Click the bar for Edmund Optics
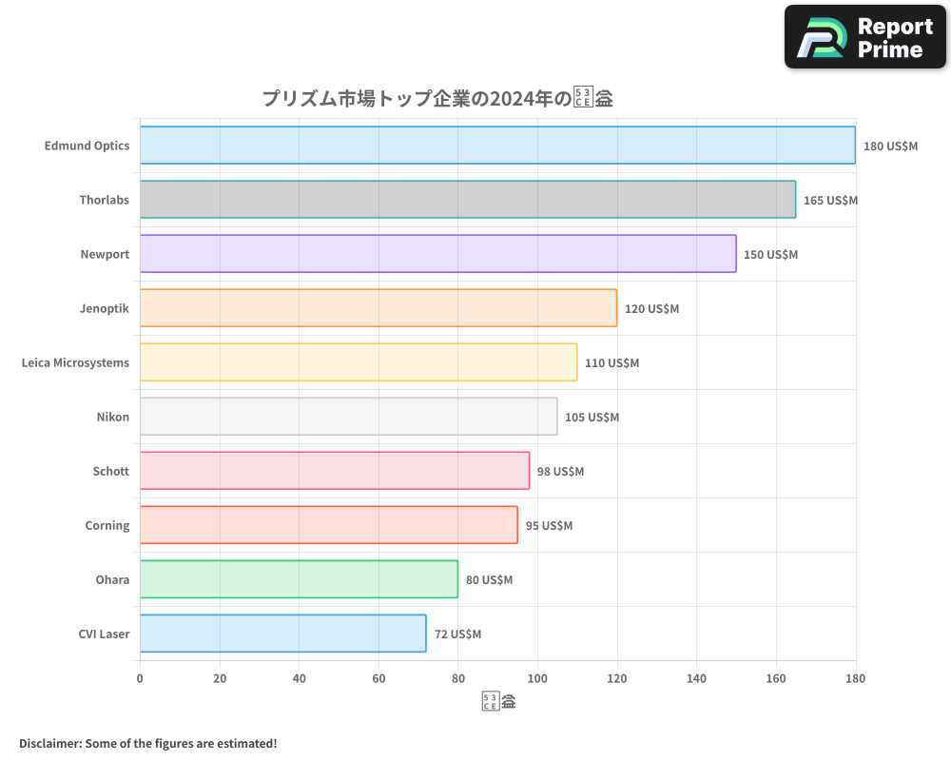tap(497, 146)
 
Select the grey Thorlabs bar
tap(468, 200)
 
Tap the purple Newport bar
tap(437, 254)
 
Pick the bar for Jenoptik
tap(378, 308)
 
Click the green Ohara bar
tap(299, 579)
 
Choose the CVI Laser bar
tap(282, 634)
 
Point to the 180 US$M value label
tap(890, 146)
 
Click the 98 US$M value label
tap(561, 472)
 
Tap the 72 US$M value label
tap(457, 634)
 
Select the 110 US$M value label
tap(611, 363)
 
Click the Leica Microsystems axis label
tap(75, 362)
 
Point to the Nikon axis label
tap(112, 417)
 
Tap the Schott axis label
tap(110, 471)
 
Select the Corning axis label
tap(107, 525)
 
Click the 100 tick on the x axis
tap(537, 678)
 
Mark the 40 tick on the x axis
tap(299, 678)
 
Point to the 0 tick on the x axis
tap(140, 678)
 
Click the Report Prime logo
tap(864, 37)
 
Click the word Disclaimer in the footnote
tap(49, 743)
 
